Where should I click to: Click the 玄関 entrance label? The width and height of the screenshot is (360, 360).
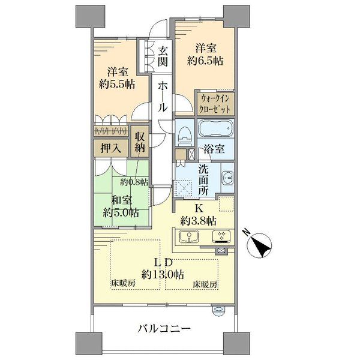163,56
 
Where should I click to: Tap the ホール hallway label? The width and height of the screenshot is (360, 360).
163,97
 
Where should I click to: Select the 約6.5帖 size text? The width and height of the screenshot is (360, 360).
205,61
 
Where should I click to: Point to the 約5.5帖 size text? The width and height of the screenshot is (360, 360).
117,84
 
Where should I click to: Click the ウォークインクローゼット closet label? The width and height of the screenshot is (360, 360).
215,104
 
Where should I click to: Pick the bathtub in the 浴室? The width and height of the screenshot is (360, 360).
216,128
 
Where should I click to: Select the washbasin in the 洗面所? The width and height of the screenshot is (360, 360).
227,178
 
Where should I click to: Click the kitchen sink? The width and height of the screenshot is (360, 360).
189,236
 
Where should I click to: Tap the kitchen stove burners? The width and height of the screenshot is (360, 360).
221,236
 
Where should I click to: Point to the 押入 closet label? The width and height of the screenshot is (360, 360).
111,149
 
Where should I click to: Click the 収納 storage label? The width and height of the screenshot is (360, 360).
140,142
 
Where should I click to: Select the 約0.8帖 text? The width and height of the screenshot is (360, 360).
134,182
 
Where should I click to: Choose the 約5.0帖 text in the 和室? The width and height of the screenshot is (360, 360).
121,213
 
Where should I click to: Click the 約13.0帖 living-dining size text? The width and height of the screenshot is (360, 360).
163,274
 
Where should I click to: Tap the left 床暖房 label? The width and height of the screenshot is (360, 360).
123,283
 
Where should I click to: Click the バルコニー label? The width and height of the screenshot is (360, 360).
164,329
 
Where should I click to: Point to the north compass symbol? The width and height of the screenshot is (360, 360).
259,245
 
